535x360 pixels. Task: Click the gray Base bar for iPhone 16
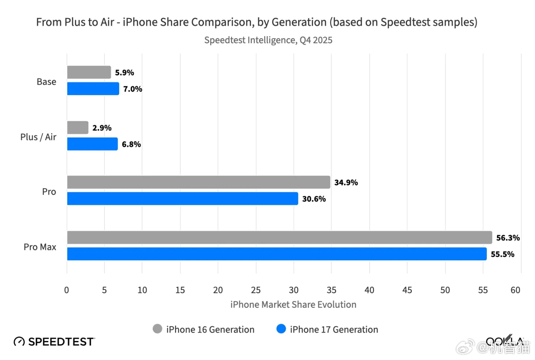click(x=89, y=72)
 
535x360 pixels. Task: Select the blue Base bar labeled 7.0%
click(x=93, y=89)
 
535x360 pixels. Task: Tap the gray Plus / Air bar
click(x=78, y=127)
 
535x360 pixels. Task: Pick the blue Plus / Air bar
click(x=92, y=144)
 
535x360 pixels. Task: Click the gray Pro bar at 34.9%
click(x=199, y=182)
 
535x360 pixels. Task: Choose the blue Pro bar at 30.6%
click(x=183, y=199)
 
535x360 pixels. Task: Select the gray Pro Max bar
click(x=280, y=238)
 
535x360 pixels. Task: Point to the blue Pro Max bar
click(x=277, y=254)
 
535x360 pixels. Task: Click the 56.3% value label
click(x=508, y=238)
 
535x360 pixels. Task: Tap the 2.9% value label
click(x=102, y=128)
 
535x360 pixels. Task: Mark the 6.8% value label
click(x=131, y=144)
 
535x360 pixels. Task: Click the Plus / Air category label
click(x=38, y=137)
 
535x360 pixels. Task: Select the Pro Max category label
click(x=40, y=247)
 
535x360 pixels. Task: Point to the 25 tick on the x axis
click(x=256, y=290)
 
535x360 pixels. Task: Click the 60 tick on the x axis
click(x=515, y=290)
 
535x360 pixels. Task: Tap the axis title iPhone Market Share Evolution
click(x=293, y=305)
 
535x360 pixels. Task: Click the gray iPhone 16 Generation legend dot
click(x=157, y=329)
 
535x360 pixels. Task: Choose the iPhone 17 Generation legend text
click(x=334, y=329)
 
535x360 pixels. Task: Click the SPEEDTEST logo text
click(x=61, y=342)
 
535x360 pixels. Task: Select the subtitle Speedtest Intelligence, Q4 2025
click(x=268, y=40)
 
